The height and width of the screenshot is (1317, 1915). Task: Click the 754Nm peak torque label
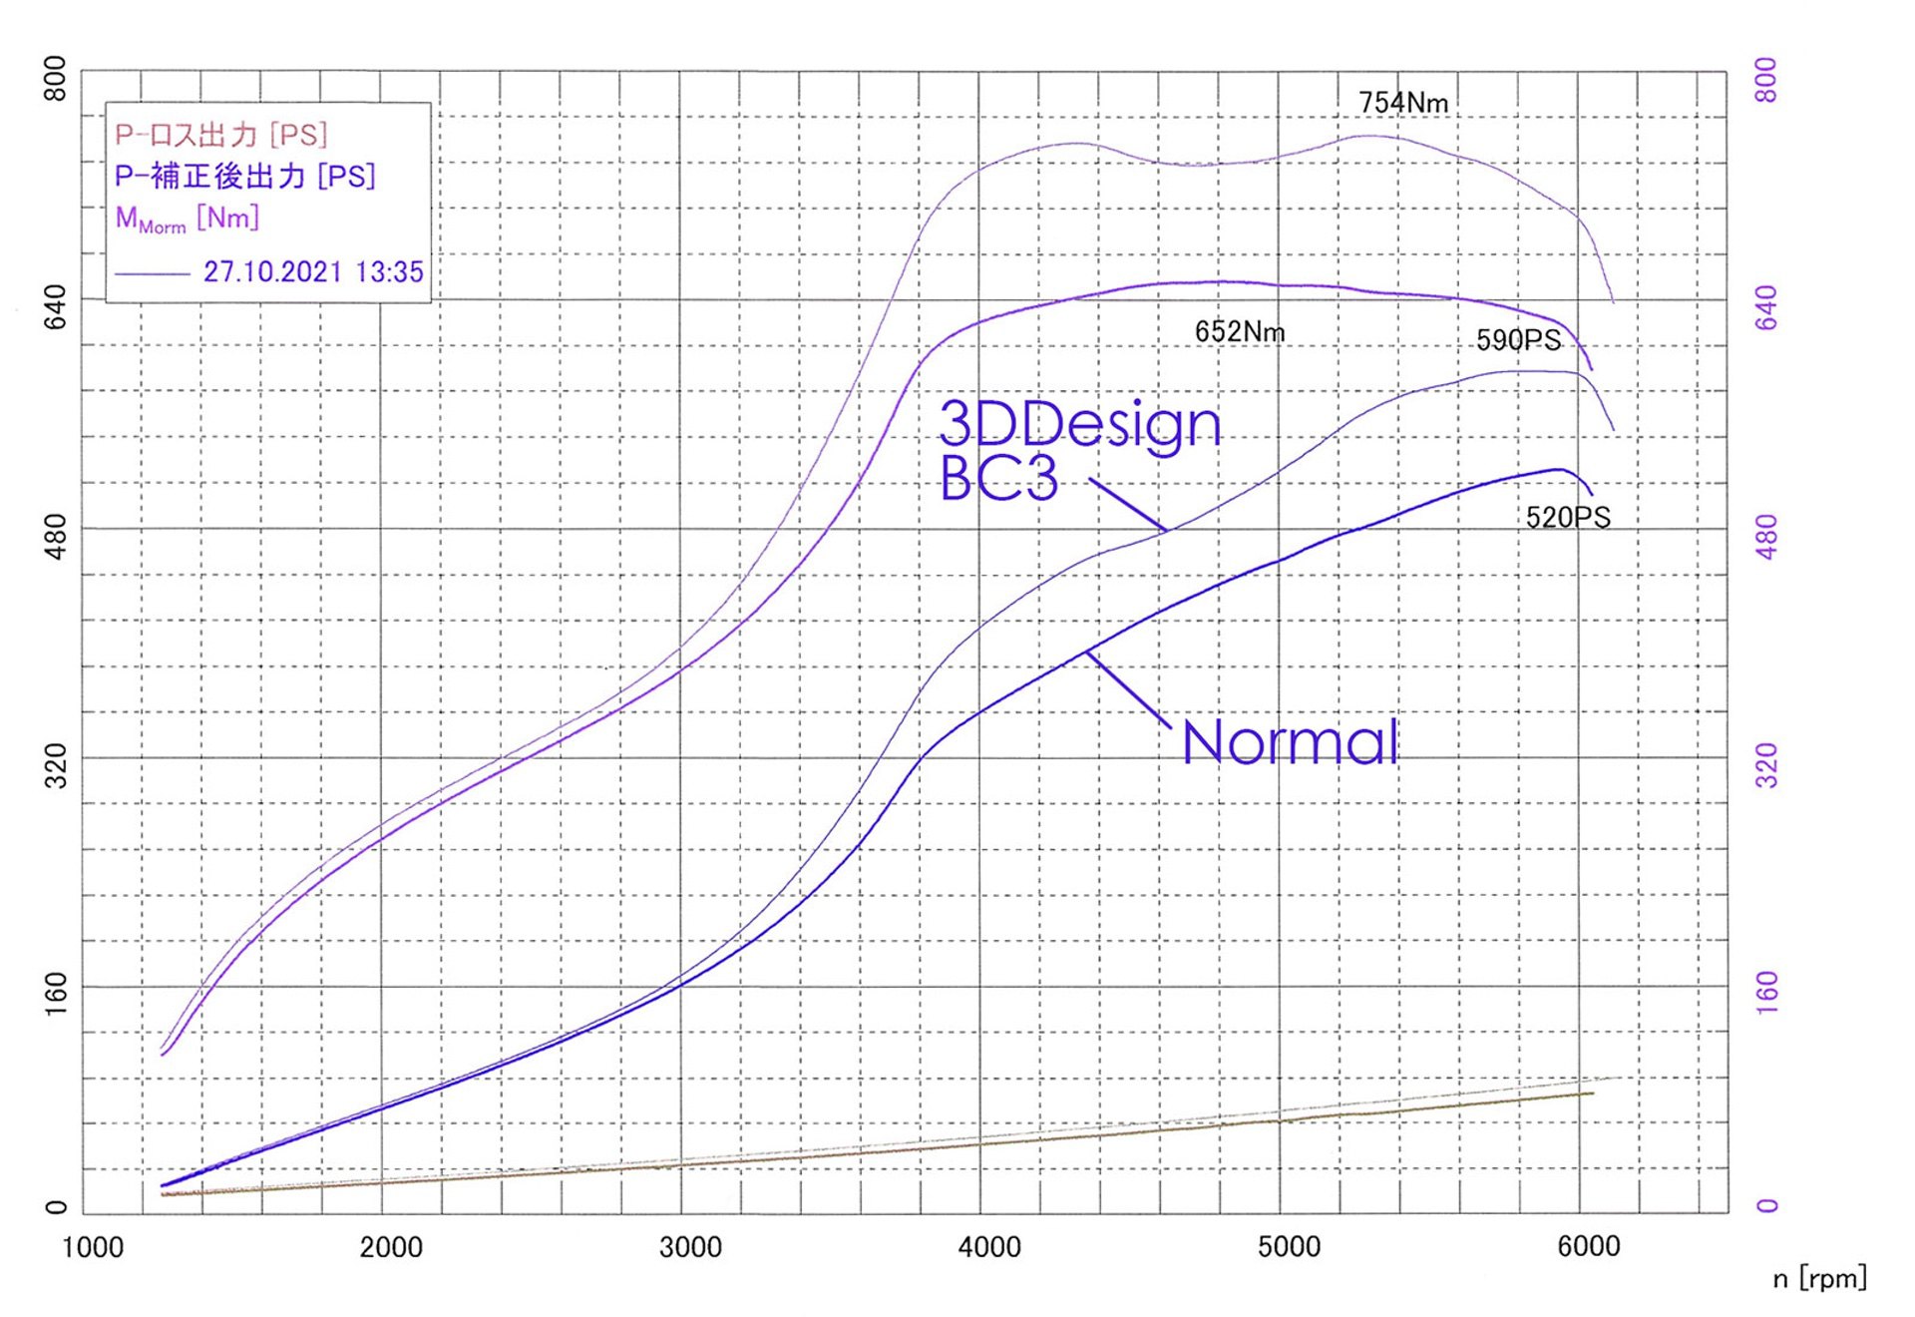(1402, 103)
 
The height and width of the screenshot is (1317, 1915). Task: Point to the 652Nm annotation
(1239, 331)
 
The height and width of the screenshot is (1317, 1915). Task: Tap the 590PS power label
(1518, 340)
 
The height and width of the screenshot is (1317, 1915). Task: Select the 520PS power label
(1567, 517)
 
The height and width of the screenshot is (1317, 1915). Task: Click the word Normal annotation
(1290, 742)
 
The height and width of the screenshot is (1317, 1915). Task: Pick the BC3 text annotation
(998, 479)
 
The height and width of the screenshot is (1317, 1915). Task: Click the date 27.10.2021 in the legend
(272, 271)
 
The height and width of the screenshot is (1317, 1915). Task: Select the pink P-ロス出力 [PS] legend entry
(220, 135)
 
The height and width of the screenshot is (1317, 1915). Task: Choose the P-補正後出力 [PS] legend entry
(244, 177)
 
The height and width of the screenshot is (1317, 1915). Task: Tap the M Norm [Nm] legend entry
(187, 219)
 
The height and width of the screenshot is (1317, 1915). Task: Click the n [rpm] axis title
(1819, 1278)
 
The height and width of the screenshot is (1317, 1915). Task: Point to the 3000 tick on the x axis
(690, 1247)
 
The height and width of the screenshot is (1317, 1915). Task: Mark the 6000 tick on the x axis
(1588, 1247)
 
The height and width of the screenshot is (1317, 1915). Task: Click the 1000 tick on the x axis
(93, 1247)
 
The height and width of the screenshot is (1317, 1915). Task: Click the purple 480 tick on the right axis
(1766, 537)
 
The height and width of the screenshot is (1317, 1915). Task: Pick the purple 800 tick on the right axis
(1766, 80)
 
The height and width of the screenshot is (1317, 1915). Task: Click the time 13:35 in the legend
(389, 271)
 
